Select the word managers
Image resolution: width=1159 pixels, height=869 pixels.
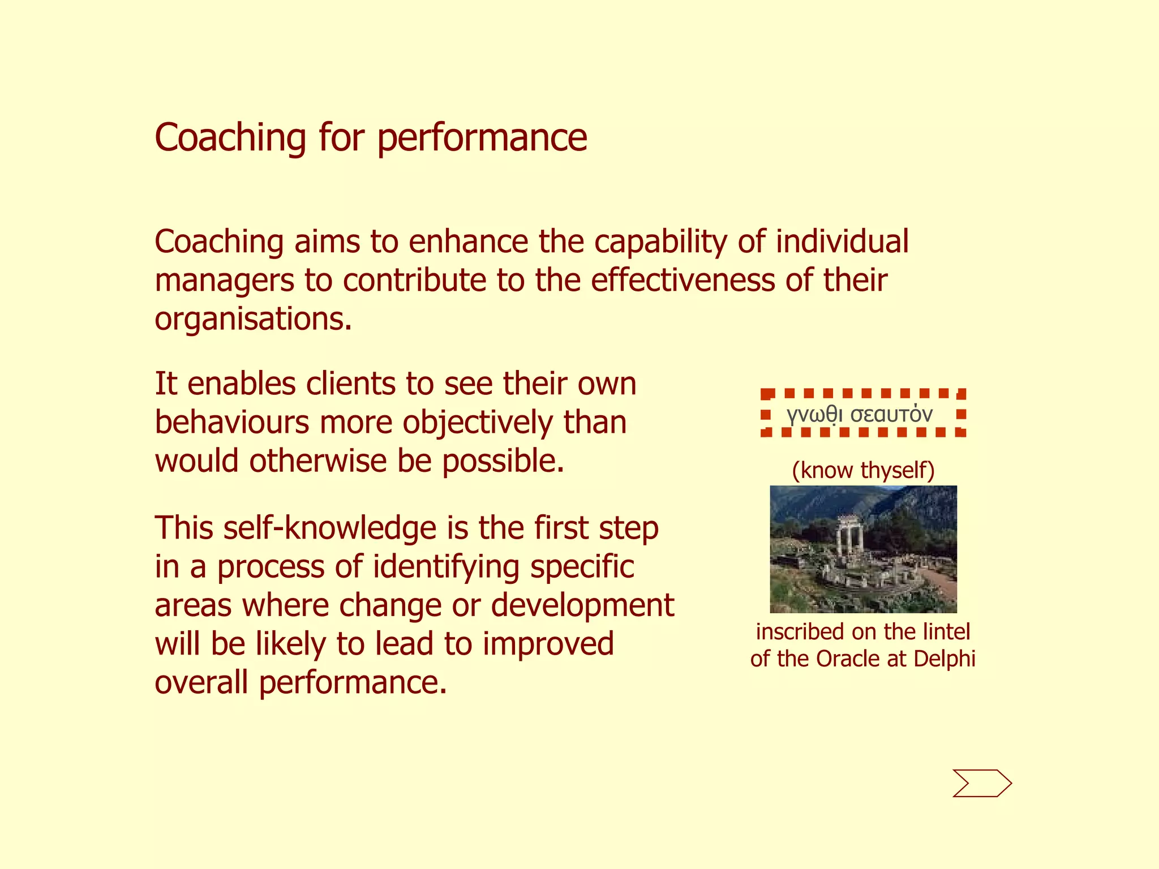(225, 281)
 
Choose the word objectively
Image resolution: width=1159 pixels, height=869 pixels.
(478, 423)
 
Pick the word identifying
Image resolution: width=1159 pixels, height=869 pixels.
(447, 567)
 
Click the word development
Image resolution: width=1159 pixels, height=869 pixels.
(582, 605)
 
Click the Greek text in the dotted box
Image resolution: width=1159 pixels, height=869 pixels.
(859, 415)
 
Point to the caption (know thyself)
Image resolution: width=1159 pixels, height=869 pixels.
(863, 470)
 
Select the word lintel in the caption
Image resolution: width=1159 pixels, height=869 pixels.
(946, 632)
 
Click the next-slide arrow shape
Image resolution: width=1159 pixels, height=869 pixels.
(981, 784)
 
